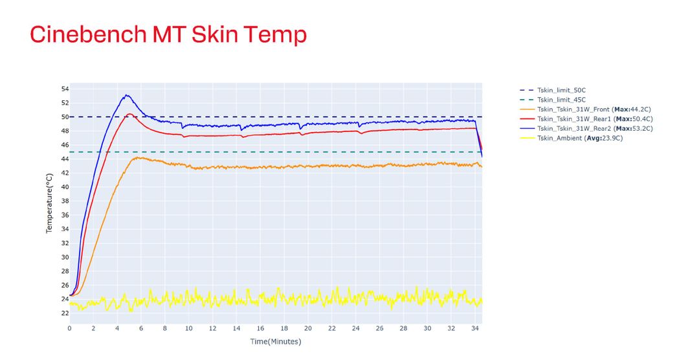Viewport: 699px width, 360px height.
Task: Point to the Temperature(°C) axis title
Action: point(49,203)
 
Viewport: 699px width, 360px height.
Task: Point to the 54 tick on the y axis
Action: point(65,89)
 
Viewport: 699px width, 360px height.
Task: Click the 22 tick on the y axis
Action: point(65,313)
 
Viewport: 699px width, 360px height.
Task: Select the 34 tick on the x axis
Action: point(475,328)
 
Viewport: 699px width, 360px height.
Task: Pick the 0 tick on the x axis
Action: point(70,328)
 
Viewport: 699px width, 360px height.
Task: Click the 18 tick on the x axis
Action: point(284,328)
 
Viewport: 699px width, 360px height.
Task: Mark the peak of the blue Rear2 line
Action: point(127,95)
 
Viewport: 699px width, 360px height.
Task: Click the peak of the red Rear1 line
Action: point(129,114)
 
